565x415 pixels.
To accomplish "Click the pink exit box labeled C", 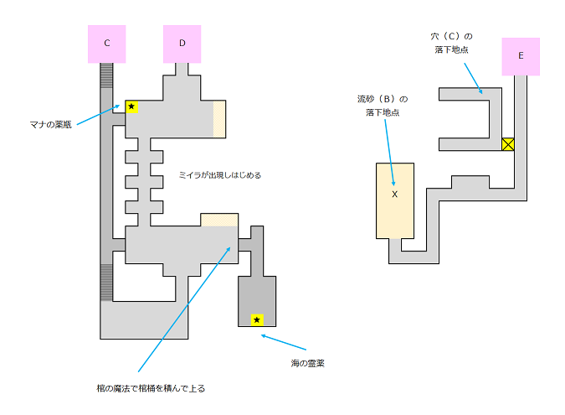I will [107, 43].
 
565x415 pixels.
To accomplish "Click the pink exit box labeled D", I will [182, 43].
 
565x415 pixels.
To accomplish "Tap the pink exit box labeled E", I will [521, 56].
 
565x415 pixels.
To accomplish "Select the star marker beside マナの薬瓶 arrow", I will [131, 106].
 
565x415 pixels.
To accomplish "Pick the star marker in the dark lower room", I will [257, 319].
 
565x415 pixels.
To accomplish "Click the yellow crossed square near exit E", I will [507, 144].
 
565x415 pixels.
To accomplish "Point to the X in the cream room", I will [394, 194].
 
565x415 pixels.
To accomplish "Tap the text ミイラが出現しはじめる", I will [219, 175].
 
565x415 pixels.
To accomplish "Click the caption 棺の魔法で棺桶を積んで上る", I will [151, 388].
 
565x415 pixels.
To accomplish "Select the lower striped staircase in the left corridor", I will [106, 283].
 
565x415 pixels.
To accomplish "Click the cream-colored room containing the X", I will [394, 210].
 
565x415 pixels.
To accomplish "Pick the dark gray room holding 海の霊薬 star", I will [257, 298].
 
